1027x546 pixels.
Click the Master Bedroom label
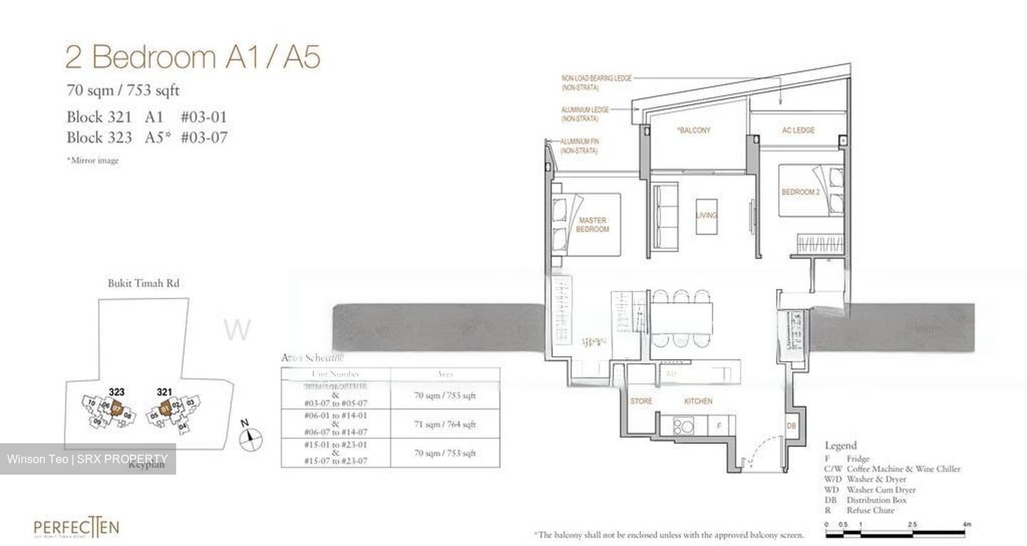point(593,225)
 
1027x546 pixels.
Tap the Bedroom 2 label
point(799,192)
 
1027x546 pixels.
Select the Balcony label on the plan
point(694,131)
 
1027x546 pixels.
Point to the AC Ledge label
point(798,131)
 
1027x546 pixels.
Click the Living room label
point(706,215)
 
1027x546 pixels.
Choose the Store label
point(641,401)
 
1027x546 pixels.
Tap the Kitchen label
point(698,401)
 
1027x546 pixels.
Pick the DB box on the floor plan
point(791,425)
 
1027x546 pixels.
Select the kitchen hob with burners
point(682,425)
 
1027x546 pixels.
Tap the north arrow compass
point(252,440)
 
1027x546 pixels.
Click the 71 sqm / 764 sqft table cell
point(445,425)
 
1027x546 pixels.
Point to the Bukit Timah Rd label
point(143,283)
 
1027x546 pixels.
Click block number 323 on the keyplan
point(118,392)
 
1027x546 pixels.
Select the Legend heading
point(841,445)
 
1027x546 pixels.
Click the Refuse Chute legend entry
point(870,510)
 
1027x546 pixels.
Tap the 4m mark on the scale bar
point(967,525)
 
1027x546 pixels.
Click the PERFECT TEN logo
point(76,529)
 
